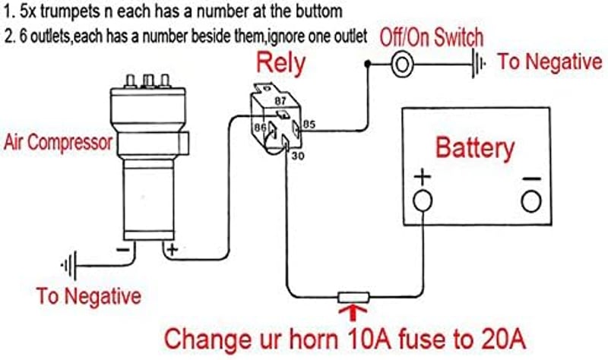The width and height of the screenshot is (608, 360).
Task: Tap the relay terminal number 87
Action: (x=280, y=101)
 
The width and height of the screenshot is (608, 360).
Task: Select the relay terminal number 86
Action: (x=260, y=127)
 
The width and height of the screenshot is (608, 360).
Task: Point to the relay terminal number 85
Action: (x=309, y=125)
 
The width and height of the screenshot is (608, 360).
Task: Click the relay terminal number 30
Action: (x=298, y=156)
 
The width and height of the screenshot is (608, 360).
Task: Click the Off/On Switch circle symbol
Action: (x=402, y=64)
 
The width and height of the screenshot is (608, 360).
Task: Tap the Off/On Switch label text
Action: (x=432, y=38)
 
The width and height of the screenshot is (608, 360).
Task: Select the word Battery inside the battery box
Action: (x=475, y=148)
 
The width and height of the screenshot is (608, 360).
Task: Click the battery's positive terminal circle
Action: (x=423, y=201)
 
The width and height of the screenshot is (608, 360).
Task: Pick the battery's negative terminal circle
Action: (x=531, y=201)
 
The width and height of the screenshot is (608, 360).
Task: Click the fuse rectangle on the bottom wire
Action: (x=353, y=298)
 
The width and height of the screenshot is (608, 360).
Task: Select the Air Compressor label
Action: (x=58, y=143)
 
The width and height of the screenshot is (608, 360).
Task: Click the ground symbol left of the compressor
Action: (x=69, y=266)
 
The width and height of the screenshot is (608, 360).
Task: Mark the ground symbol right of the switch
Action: (x=478, y=63)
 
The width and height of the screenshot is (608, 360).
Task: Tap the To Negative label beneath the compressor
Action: (x=89, y=296)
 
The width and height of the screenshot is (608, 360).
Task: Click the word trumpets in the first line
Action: (x=71, y=11)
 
